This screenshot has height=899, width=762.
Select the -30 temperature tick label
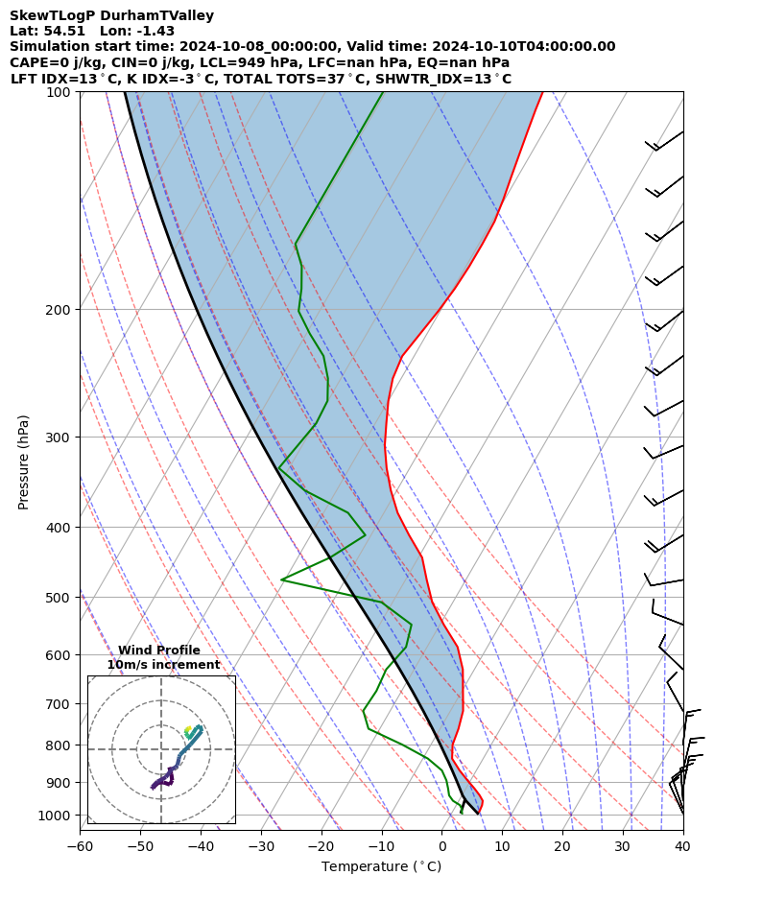point(261,846)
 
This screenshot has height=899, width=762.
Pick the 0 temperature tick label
point(441,846)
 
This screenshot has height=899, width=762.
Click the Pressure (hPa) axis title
point(24,461)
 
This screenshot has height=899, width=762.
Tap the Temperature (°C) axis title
point(381,867)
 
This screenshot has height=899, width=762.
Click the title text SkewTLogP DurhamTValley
point(111,15)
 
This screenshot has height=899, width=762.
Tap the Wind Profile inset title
point(159,651)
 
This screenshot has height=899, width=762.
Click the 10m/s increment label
point(163,665)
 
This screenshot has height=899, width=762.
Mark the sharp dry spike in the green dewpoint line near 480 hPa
point(282,580)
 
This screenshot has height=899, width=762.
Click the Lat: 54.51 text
point(47,31)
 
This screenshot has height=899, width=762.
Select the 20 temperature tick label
point(562,846)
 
